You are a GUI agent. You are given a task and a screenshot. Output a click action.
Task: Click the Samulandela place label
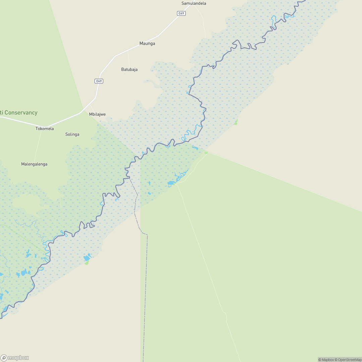point(194,3)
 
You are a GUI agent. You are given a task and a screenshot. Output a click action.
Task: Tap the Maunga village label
point(147,44)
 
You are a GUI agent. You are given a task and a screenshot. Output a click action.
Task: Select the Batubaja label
point(129,69)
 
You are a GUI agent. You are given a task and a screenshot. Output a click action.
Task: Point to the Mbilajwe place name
point(97,114)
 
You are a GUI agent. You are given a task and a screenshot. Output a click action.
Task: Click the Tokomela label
point(45,129)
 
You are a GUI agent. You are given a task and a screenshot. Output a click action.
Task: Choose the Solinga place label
point(72,134)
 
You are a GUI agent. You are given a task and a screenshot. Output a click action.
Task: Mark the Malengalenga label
point(34,164)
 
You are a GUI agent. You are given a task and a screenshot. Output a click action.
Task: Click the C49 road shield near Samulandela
point(181,13)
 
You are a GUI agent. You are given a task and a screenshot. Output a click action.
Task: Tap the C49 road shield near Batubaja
point(99,81)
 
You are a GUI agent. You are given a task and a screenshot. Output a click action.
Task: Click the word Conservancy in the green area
point(21,113)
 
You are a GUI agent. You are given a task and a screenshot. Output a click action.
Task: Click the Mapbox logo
point(15,358)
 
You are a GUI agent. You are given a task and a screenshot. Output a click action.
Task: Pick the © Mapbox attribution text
point(326,360)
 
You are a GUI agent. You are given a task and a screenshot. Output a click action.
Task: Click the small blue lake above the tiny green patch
point(87,258)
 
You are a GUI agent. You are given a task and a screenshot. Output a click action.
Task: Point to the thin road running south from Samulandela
point(203,23)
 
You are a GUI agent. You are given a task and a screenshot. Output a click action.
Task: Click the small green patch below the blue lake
point(86,263)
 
